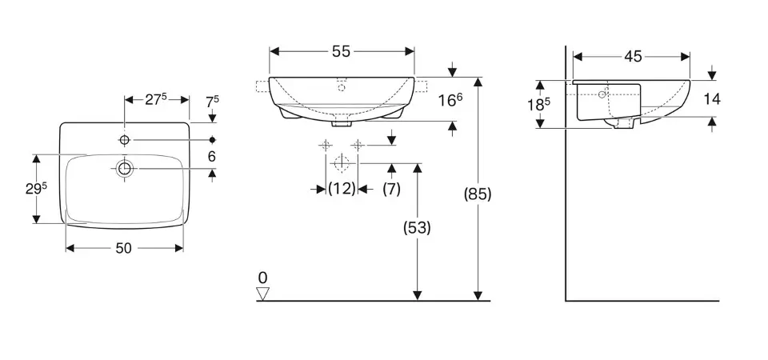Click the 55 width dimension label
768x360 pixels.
click(x=342, y=51)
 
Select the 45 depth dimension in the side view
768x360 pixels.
click(x=633, y=57)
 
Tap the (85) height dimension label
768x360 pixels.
click(x=477, y=194)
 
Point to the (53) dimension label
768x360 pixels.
click(x=416, y=228)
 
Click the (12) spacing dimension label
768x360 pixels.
click(x=342, y=189)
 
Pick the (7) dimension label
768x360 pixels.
click(x=391, y=189)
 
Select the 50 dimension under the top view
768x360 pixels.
click(x=123, y=248)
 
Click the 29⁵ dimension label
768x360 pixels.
click(x=37, y=189)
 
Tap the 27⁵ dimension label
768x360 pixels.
click(x=156, y=99)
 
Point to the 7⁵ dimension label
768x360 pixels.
click(x=212, y=101)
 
